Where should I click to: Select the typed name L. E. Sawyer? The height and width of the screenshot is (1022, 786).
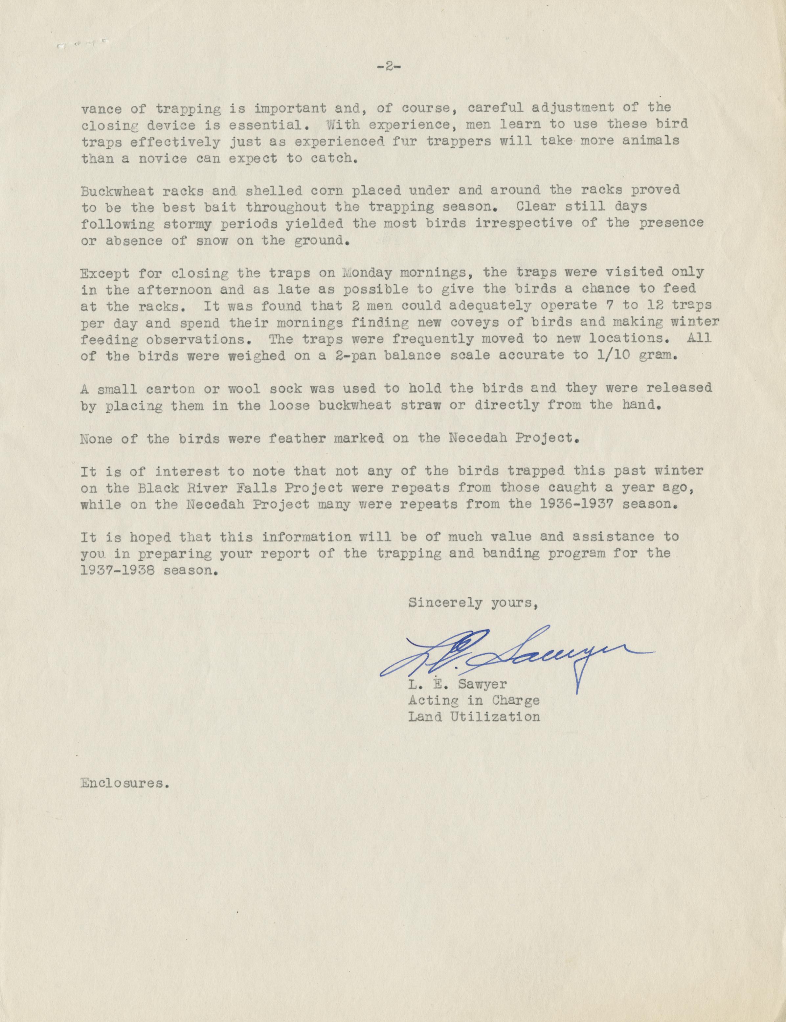coord(457,685)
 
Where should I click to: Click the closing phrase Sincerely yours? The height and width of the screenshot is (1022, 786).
coord(473,603)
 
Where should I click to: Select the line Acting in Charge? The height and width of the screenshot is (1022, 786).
coord(473,700)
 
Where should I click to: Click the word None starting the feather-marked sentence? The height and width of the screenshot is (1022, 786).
coord(96,439)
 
